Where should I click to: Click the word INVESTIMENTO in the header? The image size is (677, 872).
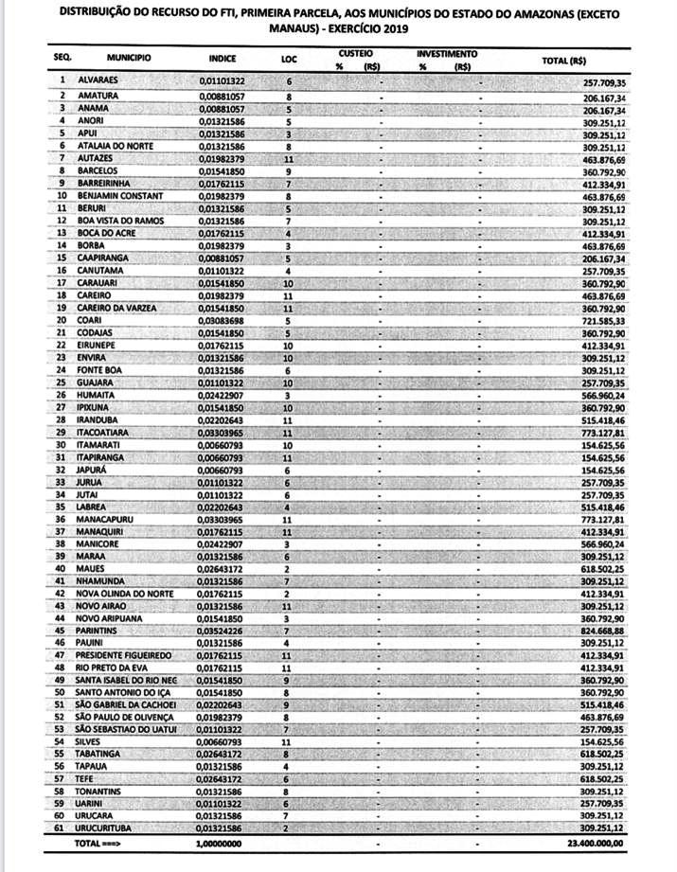point(447,54)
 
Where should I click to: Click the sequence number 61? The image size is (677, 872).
point(60,827)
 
